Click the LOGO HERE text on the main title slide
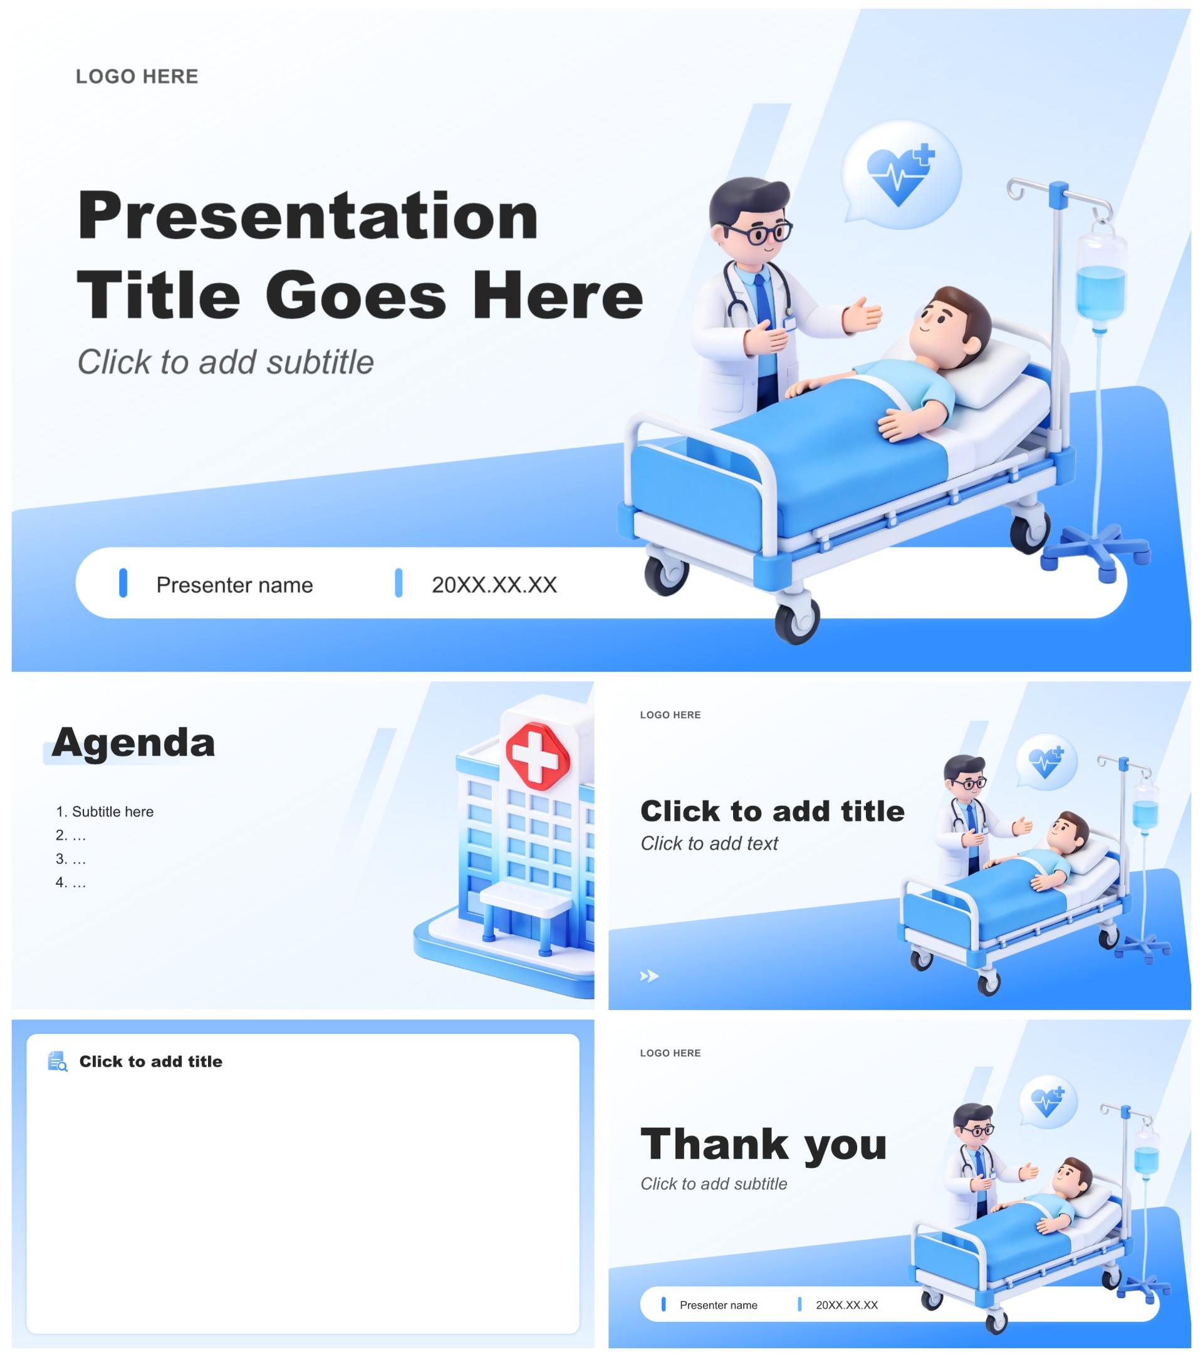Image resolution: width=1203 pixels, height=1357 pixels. tap(137, 76)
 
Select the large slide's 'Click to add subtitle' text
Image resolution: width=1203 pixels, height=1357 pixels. tap(226, 362)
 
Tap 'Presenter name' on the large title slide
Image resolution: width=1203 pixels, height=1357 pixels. tap(234, 585)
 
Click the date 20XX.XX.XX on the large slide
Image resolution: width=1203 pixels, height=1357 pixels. tap(494, 585)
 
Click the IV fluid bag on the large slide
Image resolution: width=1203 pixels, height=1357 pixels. tap(1101, 279)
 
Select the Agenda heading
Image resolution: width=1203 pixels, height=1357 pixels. tap(133, 742)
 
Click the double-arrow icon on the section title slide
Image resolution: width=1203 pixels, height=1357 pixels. tap(649, 976)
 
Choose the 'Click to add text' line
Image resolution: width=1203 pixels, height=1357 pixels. tap(709, 843)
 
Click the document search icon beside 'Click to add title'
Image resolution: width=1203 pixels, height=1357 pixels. tap(58, 1061)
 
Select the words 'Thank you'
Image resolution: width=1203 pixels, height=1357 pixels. tap(764, 1144)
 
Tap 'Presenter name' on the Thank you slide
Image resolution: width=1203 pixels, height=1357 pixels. tap(718, 1305)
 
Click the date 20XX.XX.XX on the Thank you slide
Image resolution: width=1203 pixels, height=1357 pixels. tap(847, 1305)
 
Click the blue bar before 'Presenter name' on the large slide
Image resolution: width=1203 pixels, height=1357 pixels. tap(123, 583)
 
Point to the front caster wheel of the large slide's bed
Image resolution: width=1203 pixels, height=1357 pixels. tap(796, 619)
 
